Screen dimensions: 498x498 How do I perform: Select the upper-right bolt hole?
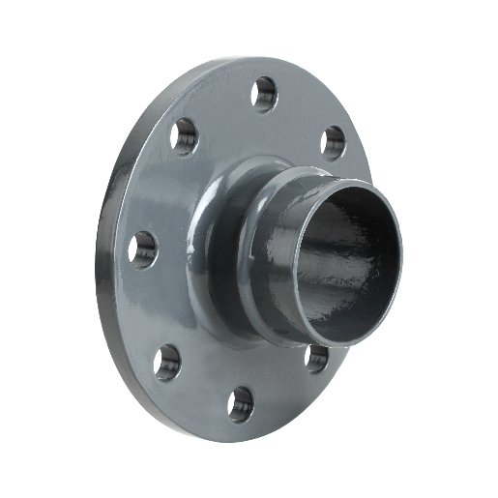tap(332, 142)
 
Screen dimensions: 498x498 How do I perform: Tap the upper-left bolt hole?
tap(184, 136)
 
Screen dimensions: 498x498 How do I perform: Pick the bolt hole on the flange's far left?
tap(142, 249)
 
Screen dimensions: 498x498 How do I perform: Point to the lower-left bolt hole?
tap(166, 361)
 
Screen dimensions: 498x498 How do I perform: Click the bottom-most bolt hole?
tap(238, 404)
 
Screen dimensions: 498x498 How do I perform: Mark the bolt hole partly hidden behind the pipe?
tap(315, 357)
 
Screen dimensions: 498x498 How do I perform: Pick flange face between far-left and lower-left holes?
tap(150, 307)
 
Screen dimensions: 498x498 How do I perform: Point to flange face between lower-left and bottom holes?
tap(198, 387)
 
